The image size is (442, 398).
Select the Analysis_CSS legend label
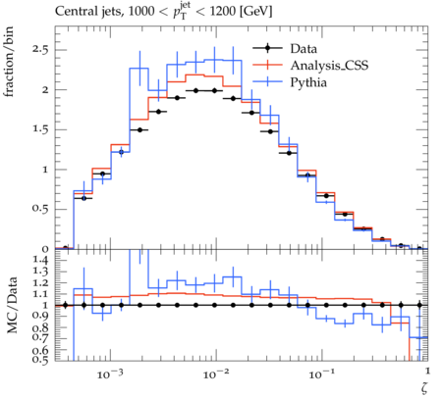coord(329,66)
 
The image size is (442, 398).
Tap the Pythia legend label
coord(308,82)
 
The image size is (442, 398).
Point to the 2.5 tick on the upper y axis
coord(40,50)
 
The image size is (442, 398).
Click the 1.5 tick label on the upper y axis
coord(40,129)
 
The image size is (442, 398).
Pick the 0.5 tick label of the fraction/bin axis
coord(40,209)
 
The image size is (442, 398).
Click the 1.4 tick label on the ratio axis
coord(40,260)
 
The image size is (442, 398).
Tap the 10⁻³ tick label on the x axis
coord(108,373)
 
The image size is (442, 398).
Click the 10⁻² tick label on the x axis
coord(214,373)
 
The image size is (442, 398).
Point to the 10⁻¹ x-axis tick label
coord(320,373)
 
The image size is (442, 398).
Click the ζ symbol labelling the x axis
coord(424,388)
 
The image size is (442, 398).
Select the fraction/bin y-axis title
coord(9,62)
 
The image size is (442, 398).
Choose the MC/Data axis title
coord(12,305)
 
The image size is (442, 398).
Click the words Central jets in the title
coord(88,12)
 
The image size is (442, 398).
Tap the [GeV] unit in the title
coord(255,12)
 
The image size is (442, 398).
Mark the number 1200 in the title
coord(223,12)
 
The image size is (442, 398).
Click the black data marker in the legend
coord(267,48)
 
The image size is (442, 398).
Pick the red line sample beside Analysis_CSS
coord(267,65)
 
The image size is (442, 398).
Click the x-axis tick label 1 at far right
coord(428,371)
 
